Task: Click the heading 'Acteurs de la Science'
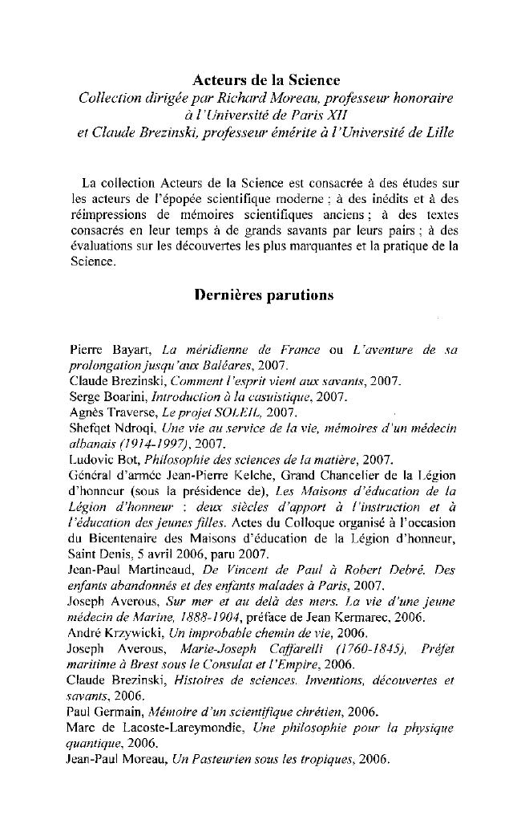coord(267,80)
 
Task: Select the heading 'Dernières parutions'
coord(265,294)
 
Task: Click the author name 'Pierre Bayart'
coord(111,351)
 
